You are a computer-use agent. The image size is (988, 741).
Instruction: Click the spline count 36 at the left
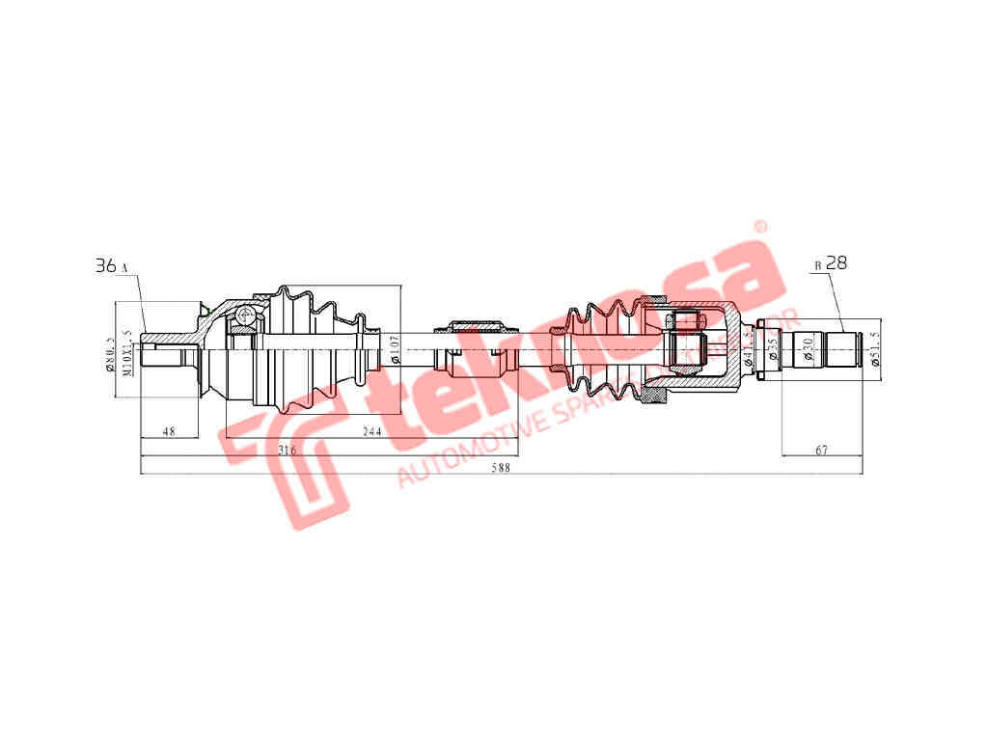click(105, 265)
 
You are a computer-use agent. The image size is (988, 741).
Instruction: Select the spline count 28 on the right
click(837, 262)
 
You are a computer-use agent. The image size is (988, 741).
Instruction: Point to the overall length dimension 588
click(500, 468)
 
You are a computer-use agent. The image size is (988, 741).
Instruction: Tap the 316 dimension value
click(286, 451)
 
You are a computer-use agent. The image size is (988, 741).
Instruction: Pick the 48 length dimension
click(168, 431)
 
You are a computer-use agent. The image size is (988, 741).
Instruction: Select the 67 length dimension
click(822, 450)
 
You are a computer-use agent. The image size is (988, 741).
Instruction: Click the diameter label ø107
click(395, 349)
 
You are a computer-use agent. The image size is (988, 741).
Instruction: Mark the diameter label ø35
click(773, 348)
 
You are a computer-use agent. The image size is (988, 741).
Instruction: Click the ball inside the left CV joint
click(246, 315)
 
